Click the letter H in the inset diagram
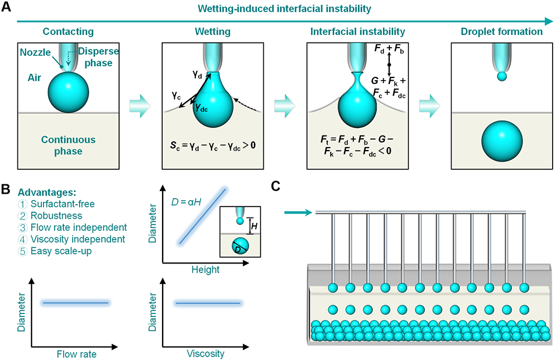point(253,224)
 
